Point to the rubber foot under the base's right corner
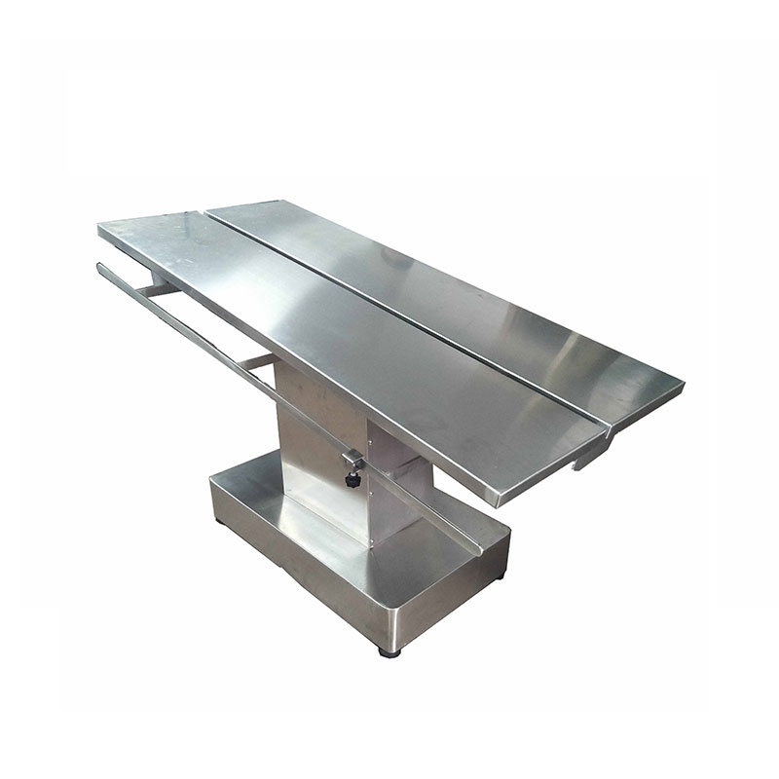pos(500,576)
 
